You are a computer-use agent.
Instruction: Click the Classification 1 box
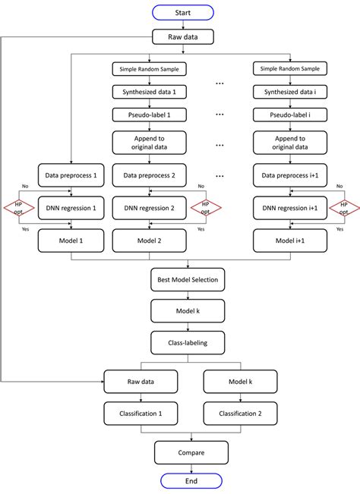(x=141, y=414)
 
